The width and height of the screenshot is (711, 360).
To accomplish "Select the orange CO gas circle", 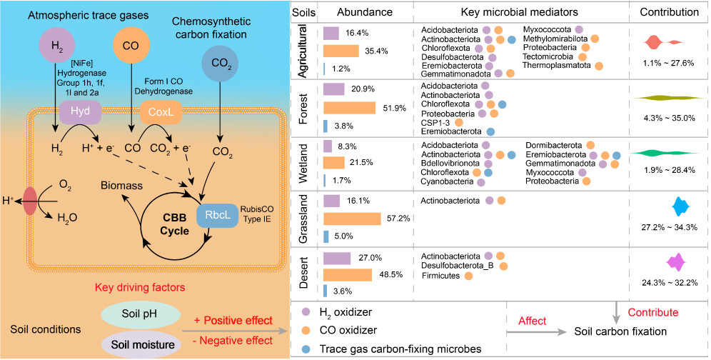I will (x=131, y=46).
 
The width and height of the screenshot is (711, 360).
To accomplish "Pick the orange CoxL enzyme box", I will (x=161, y=113).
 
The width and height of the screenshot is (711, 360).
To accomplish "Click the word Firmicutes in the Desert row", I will (x=440, y=276).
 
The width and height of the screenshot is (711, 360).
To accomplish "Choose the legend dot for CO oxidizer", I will (x=306, y=331).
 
